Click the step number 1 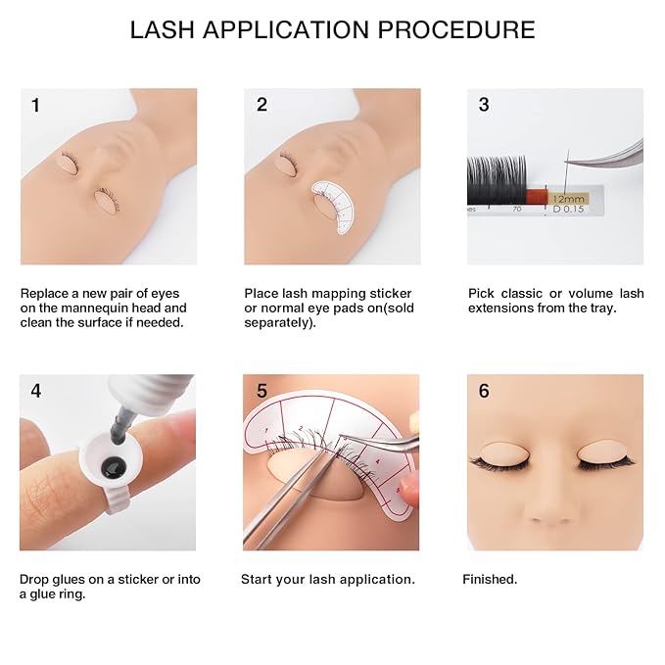tap(35, 105)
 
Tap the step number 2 tap(261, 105)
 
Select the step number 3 tap(484, 105)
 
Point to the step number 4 tap(36, 391)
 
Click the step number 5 tap(261, 391)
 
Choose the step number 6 tap(484, 391)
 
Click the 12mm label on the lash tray tap(568, 198)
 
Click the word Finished tap(490, 579)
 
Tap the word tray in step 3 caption tap(597, 308)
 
